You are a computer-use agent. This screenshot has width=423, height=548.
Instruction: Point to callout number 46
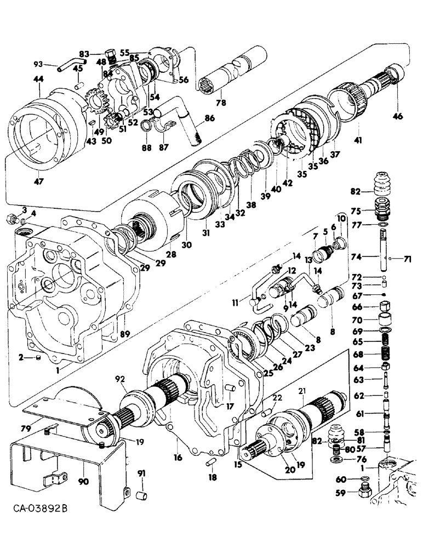397,116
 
